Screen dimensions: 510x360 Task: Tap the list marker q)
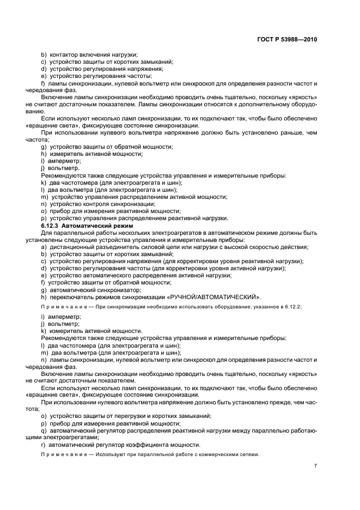tap(44, 430)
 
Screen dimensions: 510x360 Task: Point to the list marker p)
tap(44, 218)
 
